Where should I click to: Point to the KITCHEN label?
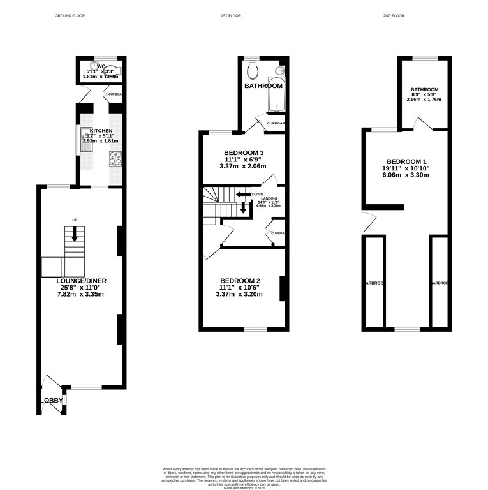click(x=101, y=131)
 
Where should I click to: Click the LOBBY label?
click(x=52, y=401)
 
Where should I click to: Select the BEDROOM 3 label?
click(x=244, y=152)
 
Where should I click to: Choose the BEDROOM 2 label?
click(x=239, y=281)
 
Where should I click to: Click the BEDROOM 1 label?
click(x=405, y=161)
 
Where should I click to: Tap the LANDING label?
click(x=269, y=199)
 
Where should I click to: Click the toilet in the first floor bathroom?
click(x=253, y=68)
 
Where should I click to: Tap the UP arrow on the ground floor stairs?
click(x=75, y=234)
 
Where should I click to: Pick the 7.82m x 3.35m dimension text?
click(x=80, y=294)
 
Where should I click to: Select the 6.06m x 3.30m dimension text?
click(x=405, y=175)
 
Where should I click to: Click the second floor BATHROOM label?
click(x=425, y=90)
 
